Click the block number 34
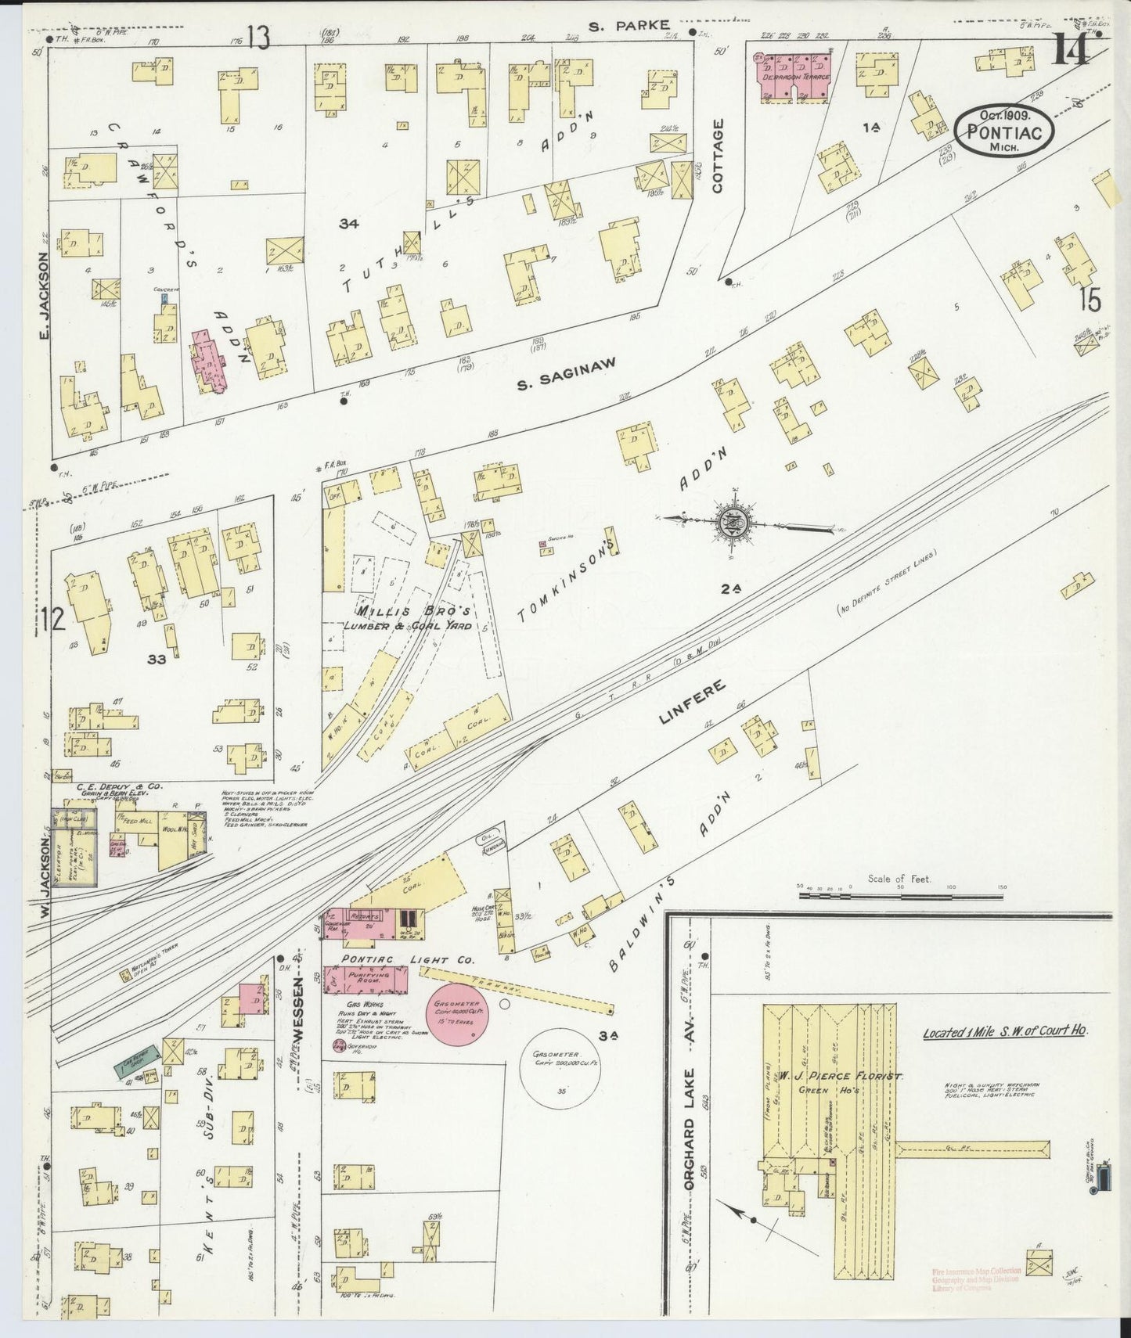[349, 224]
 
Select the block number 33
[157, 660]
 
